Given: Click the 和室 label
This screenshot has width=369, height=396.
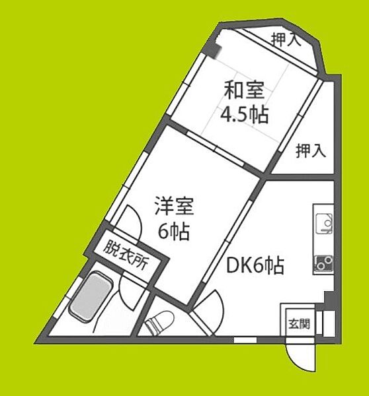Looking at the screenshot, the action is pyautogui.click(x=245, y=90).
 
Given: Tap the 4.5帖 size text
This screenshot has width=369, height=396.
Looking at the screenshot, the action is pyautogui.click(x=245, y=114).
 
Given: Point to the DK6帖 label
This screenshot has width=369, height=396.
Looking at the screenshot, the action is pyautogui.click(x=255, y=266).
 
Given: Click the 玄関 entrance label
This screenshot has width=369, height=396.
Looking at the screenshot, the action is pyautogui.click(x=300, y=323).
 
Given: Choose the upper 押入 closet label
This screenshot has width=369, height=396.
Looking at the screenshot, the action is pyautogui.click(x=286, y=40).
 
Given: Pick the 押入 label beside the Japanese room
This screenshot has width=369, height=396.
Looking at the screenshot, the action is pyautogui.click(x=311, y=150).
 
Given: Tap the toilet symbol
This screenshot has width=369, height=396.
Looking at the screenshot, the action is pyautogui.click(x=159, y=321).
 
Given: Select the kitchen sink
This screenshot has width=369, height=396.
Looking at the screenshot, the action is pyautogui.click(x=324, y=224).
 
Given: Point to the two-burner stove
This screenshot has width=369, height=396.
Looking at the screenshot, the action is pyautogui.click(x=323, y=263).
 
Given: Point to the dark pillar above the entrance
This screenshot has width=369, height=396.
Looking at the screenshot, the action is pyautogui.click(x=329, y=298).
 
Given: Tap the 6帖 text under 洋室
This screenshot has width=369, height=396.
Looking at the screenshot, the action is pyautogui.click(x=174, y=230).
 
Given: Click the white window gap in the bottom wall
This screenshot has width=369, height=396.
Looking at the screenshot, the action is pyautogui.click(x=245, y=340).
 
